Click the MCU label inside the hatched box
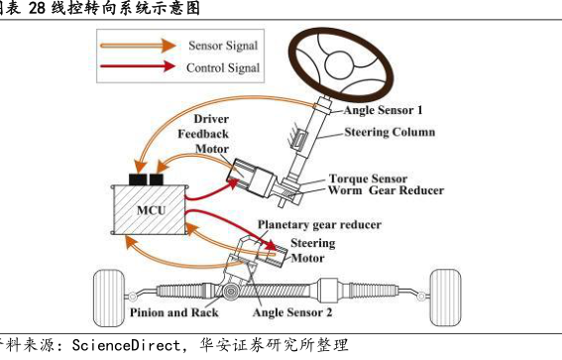click(x=152, y=210)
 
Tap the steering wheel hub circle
click(x=340, y=64)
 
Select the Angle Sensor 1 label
click(x=383, y=110)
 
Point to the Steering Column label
click(x=390, y=132)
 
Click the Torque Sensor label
click(x=368, y=179)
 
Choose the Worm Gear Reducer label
click(x=386, y=190)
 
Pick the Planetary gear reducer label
click(x=319, y=225)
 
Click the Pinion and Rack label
click(x=173, y=312)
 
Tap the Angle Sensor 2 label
click(x=292, y=312)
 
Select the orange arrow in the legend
click(x=139, y=46)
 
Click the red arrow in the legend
click(x=138, y=66)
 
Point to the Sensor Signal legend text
click(x=223, y=46)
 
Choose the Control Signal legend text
click(x=223, y=67)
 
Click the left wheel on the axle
click(x=109, y=299)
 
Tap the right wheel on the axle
click(x=445, y=298)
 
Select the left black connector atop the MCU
click(x=138, y=180)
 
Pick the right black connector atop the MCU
click(x=157, y=180)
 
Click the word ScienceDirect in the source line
click(x=126, y=345)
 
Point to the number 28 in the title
click(x=37, y=8)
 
